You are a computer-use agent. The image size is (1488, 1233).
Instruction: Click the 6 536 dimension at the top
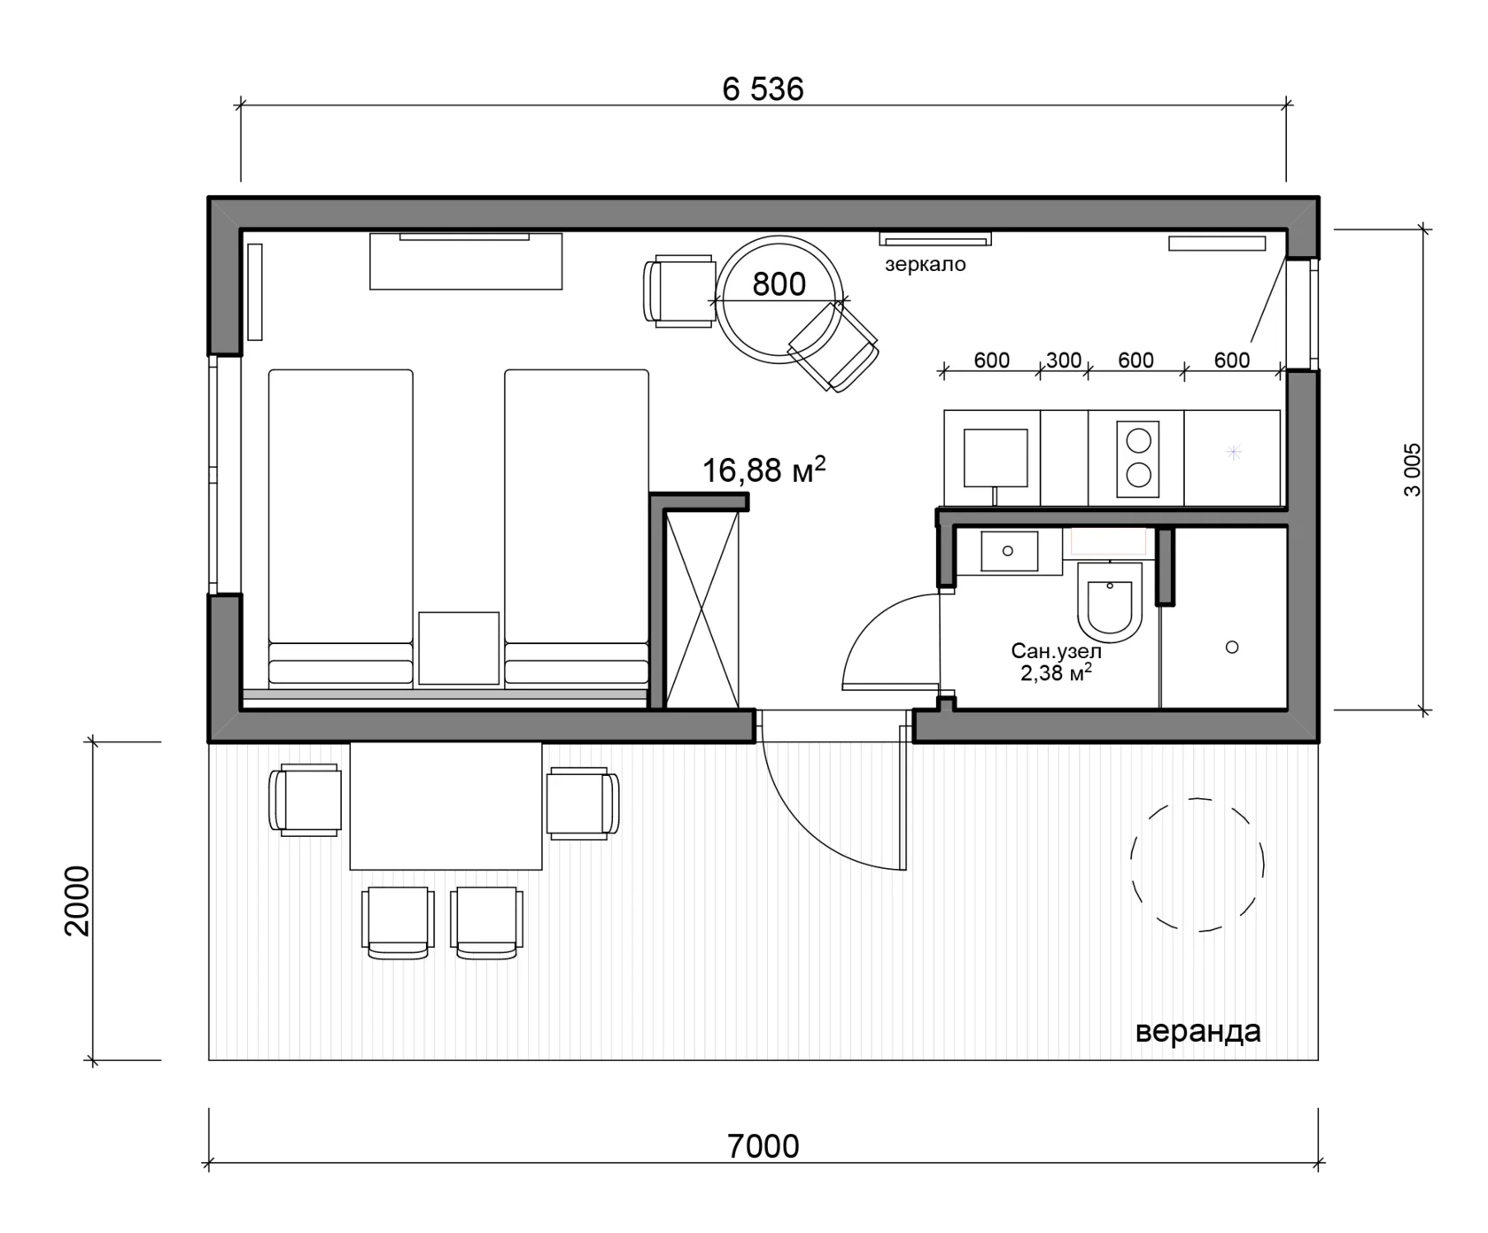pos(763,89)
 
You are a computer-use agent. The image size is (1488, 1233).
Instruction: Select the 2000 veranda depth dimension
pos(78,900)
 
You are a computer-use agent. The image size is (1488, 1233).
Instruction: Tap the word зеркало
pos(925,264)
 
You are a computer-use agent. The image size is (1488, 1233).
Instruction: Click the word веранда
pos(1197,1031)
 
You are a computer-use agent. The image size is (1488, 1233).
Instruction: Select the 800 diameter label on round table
pos(779,284)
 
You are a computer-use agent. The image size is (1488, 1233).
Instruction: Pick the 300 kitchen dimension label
pos(1063,360)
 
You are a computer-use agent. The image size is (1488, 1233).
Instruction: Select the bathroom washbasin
pos(1009,551)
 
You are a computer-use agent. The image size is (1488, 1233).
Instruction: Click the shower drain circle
pos(1231,648)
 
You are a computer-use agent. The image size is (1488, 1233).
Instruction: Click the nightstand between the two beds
pos(459,648)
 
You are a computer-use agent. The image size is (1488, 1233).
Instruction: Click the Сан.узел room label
pos(1056,651)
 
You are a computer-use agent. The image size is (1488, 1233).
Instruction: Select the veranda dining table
pos(446,806)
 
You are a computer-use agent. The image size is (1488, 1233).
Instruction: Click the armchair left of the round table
pos(680,291)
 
